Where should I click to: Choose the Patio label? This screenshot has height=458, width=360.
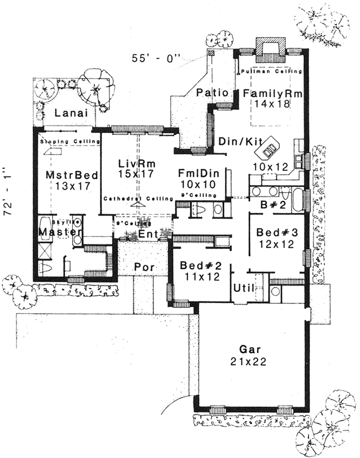pos(213,93)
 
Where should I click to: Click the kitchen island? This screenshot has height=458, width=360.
pos(270,150)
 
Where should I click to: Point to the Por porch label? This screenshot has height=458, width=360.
pos(142,267)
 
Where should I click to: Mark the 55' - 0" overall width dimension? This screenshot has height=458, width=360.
pos(156,57)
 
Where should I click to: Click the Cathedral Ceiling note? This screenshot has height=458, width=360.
pos(138,199)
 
